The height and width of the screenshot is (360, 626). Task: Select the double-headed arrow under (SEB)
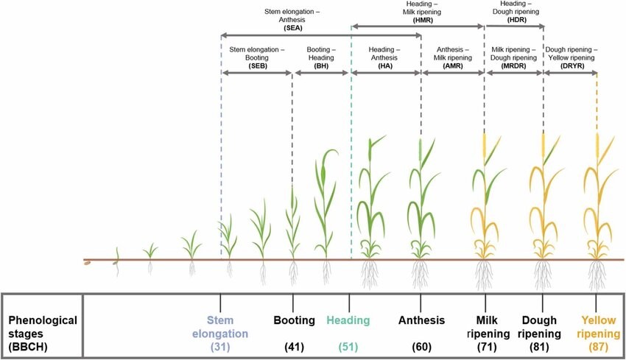(257, 72)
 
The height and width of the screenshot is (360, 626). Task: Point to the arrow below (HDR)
(515, 27)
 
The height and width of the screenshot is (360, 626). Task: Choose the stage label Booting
(292, 321)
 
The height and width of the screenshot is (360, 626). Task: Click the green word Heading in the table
(348, 321)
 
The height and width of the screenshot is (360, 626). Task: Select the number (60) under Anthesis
(421, 347)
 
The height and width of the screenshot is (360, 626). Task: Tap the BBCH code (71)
(486, 347)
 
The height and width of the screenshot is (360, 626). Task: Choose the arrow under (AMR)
(453, 72)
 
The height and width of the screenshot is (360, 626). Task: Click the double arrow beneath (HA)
(386, 72)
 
